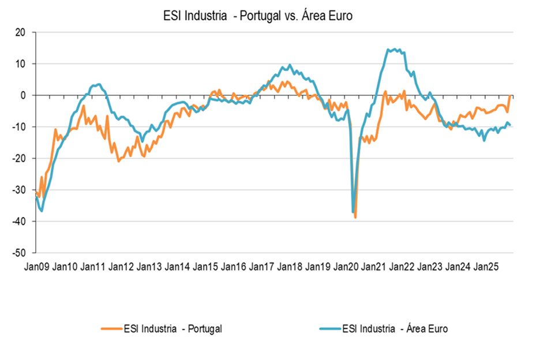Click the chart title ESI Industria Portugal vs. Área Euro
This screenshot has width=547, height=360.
[258, 17]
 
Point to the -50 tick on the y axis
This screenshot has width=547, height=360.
[20, 253]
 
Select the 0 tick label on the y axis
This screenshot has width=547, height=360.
[25, 95]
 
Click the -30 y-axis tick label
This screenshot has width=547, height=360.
[20, 190]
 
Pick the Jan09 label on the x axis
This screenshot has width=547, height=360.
[36, 267]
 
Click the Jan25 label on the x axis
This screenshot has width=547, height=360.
[486, 267]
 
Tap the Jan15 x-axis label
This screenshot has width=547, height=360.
[205, 267]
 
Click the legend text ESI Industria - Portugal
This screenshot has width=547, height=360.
[173, 329]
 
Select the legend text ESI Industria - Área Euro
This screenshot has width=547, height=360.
[395, 329]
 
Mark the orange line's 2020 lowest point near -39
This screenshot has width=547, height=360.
[355, 217]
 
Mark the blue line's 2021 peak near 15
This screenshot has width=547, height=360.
[394, 49]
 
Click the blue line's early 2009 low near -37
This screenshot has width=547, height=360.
[42, 211]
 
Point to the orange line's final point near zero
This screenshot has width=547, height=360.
[510, 95]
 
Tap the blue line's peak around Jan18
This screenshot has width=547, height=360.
[290, 65]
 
